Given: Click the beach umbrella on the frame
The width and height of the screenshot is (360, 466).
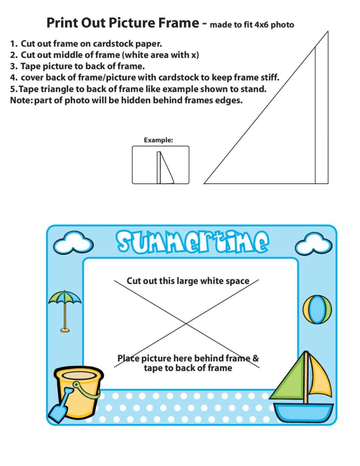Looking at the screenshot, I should [65, 303].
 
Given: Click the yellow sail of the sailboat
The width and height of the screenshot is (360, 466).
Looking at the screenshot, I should [321, 375].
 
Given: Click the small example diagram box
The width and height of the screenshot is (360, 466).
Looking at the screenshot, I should [160, 165].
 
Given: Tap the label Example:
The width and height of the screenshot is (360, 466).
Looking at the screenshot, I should [158, 140].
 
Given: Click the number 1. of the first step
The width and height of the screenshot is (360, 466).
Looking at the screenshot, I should [14, 44].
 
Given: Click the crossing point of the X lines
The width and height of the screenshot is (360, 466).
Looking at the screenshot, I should [186, 324].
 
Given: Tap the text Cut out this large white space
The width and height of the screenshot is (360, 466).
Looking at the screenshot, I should [188, 281].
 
